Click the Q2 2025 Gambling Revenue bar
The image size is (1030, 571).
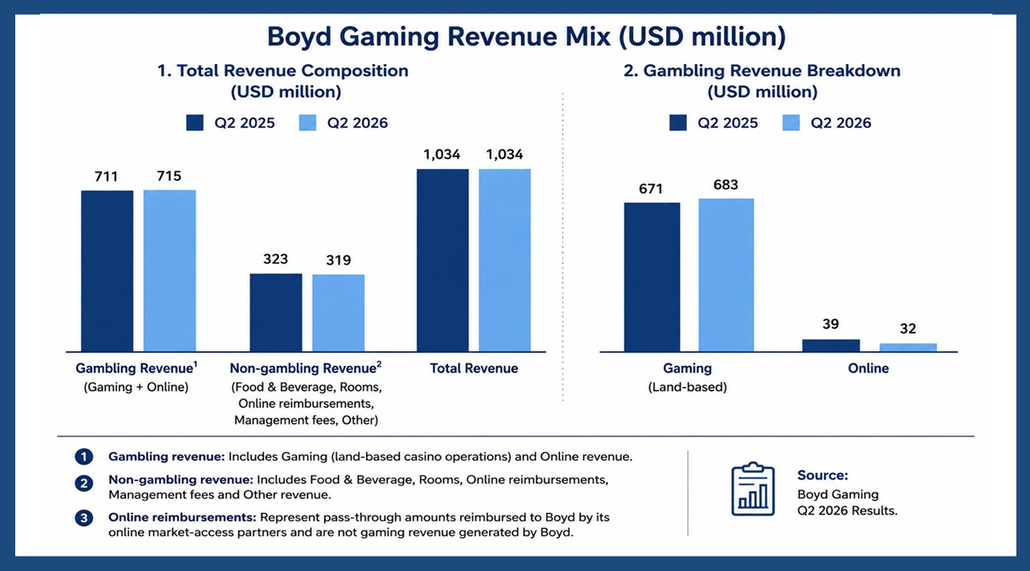tap(107, 271)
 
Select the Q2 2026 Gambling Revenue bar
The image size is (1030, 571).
tap(170, 271)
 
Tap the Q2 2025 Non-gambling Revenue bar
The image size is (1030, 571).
tap(276, 313)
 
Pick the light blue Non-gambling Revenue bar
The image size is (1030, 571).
tap(338, 313)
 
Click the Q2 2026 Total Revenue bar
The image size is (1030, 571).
tap(505, 260)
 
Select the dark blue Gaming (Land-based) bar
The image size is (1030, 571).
tap(652, 277)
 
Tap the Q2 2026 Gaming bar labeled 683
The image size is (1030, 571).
tap(726, 275)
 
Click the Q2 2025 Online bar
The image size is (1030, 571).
tap(831, 345)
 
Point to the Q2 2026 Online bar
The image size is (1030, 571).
tap(908, 348)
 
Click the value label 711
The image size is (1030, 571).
tap(107, 176)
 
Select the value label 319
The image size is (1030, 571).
tap(338, 260)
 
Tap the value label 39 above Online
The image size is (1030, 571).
tap(831, 324)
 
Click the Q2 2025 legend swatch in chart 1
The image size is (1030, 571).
tap(195, 123)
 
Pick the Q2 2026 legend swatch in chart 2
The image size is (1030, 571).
tap(791, 123)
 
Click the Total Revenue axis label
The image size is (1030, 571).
tap(474, 368)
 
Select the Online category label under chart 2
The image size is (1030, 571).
tap(868, 368)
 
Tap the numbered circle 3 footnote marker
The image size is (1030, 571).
tap(83, 518)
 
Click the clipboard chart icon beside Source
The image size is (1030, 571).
tap(753, 489)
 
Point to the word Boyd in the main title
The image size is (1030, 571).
tap(299, 37)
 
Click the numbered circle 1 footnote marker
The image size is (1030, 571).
tap(83, 457)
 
